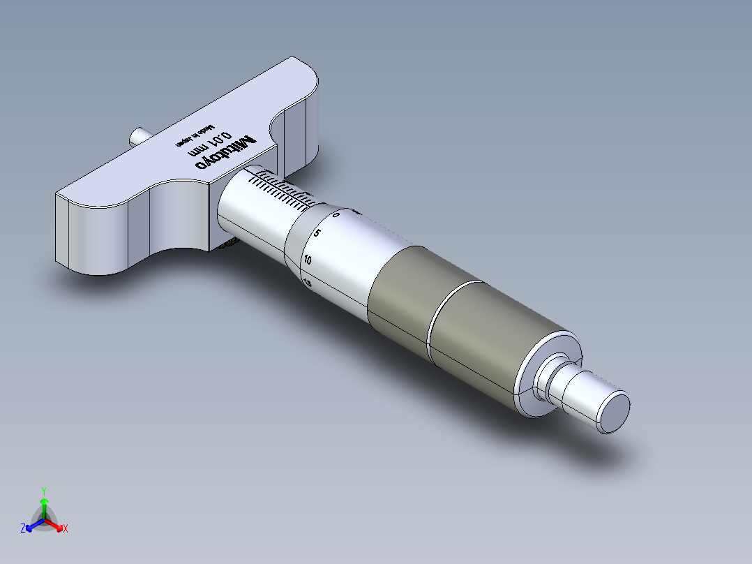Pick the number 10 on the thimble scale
click(x=308, y=260)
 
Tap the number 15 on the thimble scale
click(x=308, y=282)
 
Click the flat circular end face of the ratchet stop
click(x=614, y=412)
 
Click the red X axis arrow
click(x=56, y=525)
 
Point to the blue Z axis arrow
click(x=32, y=525)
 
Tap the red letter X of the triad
click(x=66, y=529)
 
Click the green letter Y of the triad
click(x=43, y=491)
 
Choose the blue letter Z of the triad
click(x=23, y=528)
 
